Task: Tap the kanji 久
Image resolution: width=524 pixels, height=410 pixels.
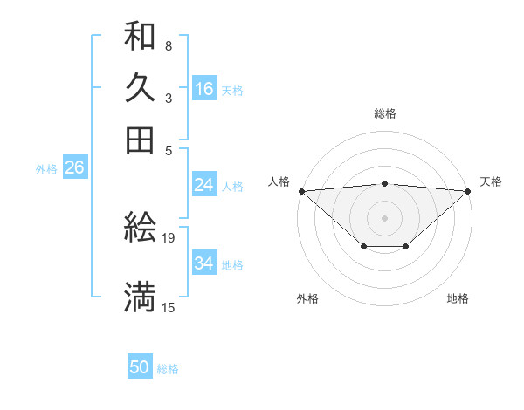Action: (140, 87)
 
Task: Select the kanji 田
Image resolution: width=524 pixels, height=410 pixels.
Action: (140, 139)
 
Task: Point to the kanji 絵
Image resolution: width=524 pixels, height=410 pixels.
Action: (140, 228)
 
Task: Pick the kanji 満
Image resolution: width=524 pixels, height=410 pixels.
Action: (140, 297)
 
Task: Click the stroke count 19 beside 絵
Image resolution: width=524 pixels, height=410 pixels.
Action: (169, 237)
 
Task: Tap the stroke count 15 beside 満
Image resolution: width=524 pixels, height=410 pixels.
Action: (169, 307)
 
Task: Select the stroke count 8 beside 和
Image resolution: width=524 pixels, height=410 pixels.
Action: (168, 45)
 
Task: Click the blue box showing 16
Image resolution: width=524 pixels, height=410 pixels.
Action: (204, 89)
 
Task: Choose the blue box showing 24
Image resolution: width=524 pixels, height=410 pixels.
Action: (204, 185)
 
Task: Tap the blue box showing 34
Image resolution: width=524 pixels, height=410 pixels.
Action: (204, 263)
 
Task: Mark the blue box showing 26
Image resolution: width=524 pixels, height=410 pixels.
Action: (74, 168)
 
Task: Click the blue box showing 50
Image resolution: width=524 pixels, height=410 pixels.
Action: (140, 368)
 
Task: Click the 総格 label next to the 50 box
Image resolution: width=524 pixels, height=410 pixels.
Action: (168, 370)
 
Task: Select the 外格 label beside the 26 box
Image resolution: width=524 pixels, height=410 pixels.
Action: (45, 169)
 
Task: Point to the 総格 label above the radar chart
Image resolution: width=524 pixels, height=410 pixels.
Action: (384, 113)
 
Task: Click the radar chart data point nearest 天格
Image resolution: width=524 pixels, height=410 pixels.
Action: (468, 191)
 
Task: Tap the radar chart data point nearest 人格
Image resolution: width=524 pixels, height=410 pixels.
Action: (301, 191)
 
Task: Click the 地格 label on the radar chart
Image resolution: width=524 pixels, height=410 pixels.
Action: (458, 299)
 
